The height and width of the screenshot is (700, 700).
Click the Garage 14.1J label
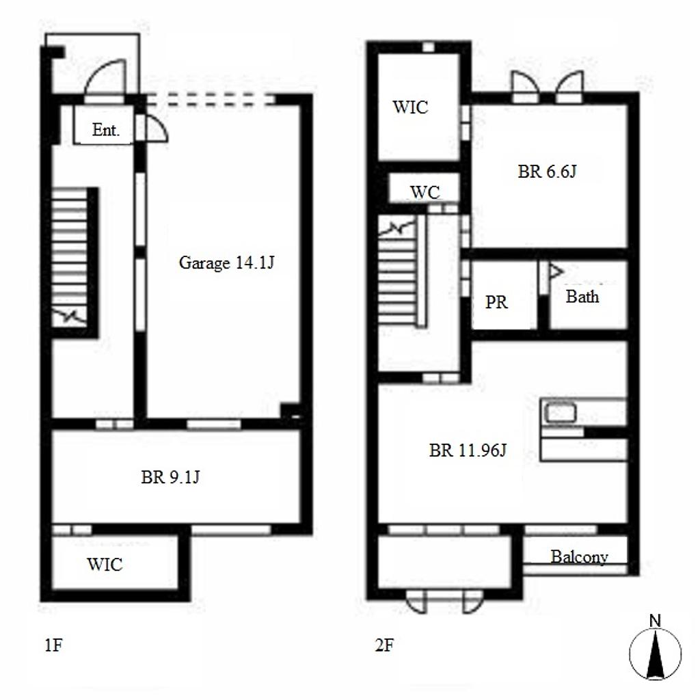(x=226, y=262)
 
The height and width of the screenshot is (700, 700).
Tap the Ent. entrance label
(x=106, y=130)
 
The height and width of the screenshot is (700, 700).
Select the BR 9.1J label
(x=170, y=477)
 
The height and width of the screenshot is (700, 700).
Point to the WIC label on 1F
(x=105, y=564)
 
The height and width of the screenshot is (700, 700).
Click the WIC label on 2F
(x=410, y=107)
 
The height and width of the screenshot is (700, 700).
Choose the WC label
(x=425, y=192)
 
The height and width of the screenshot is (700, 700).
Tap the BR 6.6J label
(x=547, y=172)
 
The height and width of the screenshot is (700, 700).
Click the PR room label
(x=496, y=302)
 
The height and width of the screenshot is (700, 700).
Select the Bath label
(x=582, y=297)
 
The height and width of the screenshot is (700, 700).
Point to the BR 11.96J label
(x=468, y=450)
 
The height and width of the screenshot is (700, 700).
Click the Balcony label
(x=579, y=556)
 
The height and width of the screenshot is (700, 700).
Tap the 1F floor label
(x=53, y=645)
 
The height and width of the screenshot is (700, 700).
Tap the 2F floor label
(x=385, y=645)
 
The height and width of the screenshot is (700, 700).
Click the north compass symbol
(x=655, y=654)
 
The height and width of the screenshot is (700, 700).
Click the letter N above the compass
(x=655, y=621)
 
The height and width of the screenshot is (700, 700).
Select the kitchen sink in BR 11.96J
(x=561, y=412)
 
